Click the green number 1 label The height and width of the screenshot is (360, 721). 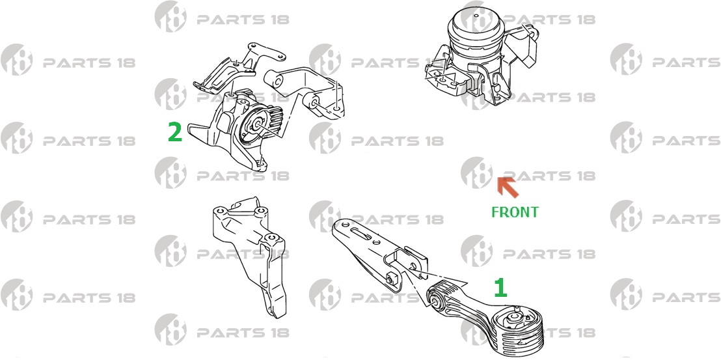coord(500,288)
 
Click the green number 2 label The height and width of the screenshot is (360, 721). coord(175,132)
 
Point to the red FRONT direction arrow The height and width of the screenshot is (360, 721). coord(508,187)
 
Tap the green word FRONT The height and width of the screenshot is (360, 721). coord(515,212)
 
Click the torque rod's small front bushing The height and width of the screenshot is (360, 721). coord(437,299)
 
